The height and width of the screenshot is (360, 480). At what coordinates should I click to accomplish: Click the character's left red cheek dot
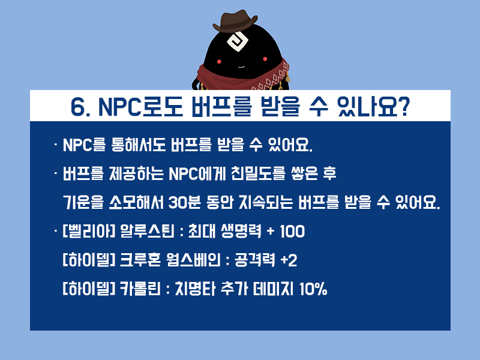coord(219,61)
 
